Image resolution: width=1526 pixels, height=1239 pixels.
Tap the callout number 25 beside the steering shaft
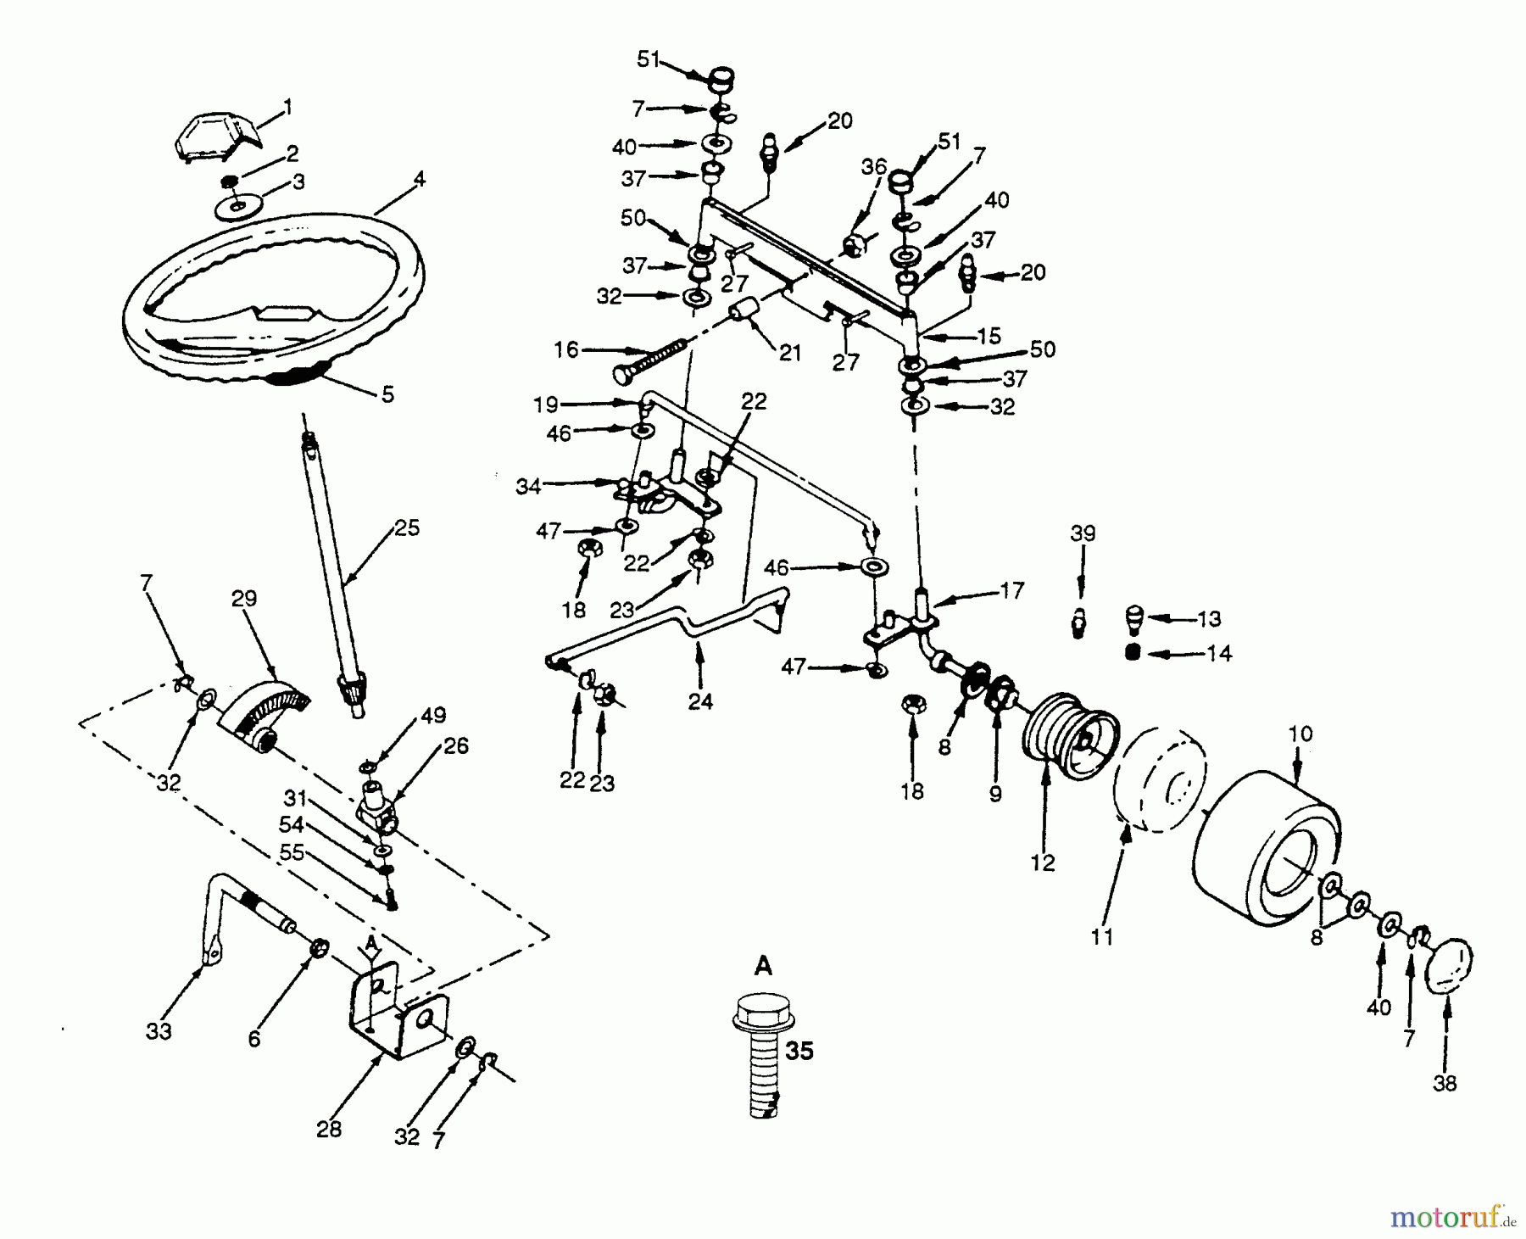click(x=406, y=527)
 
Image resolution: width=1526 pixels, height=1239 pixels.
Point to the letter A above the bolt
click(x=763, y=965)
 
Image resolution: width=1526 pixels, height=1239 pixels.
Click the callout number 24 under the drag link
click(x=700, y=701)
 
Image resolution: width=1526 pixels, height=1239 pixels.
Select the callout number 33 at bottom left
click(x=159, y=1031)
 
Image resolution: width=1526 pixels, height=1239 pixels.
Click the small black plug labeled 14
click(x=1130, y=652)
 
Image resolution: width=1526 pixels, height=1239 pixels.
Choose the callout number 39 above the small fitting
click(x=1083, y=533)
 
